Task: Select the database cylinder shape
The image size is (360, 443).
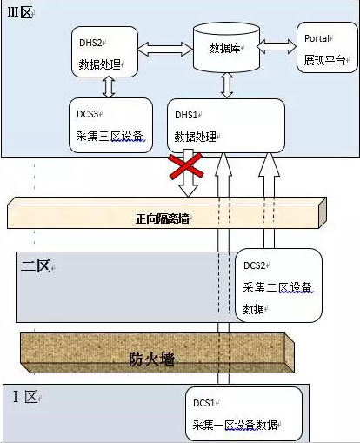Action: tap(226, 48)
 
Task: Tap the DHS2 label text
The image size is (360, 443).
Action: tap(90, 43)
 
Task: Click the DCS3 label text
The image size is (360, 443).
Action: tap(88, 114)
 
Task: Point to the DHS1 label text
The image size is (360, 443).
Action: tap(186, 115)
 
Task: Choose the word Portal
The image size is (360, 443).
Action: tap(317, 38)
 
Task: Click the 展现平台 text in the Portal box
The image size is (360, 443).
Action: tap(324, 60)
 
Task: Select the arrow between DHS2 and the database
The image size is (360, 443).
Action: tap(165, 49)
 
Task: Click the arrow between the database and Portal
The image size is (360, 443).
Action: tap(277, 46)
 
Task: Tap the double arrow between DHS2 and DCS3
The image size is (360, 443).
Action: tap(109, 87)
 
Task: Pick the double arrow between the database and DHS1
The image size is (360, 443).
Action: tap(227, 85)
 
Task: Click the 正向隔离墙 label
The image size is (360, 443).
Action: tap(162, 218)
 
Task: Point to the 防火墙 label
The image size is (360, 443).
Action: tap(151, 359)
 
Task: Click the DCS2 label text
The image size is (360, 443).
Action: tap(255, 265)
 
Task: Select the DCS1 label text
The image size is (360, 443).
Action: tap(204, 403)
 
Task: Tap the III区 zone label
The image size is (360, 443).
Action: tap(19, 12)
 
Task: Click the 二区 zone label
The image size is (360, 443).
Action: tap(36, 266)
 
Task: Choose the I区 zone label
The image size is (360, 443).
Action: tap(25, 397)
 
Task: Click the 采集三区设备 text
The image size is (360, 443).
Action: tap(110, 136)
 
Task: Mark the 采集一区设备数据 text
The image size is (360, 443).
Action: tap(235, 425)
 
